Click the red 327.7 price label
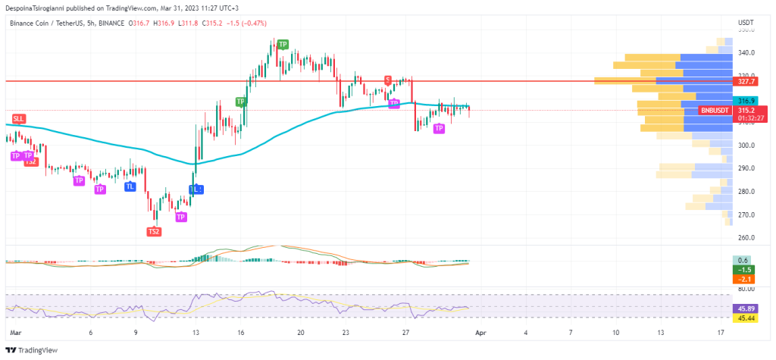(x=746, y=80)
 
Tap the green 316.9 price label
(x=746, y=100)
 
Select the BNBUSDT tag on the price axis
(x=715, y=111)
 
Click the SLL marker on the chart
(x=18, y=119)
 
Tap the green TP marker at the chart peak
(x=283, y=45)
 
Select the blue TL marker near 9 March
(x=130, y=186)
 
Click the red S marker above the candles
(x=387, y=80)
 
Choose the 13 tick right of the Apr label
(x=661, y=333)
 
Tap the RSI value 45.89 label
(x=746, y=308)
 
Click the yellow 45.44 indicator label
(x=746, y=318)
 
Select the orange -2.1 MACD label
(x=746, y=279)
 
